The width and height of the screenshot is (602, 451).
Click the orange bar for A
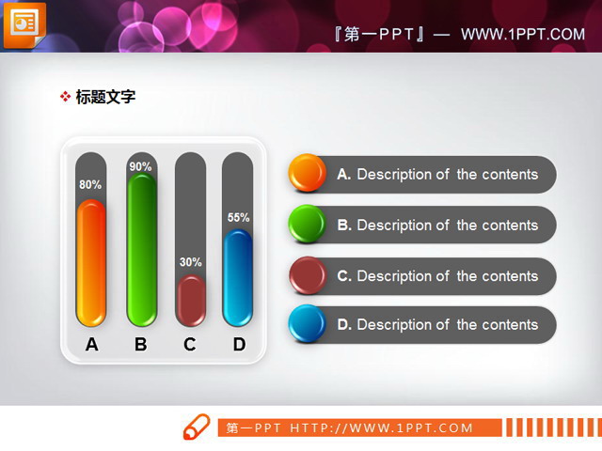[91, 262]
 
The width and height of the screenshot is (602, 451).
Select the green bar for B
[141, 250]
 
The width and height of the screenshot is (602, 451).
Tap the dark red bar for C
[191, 301]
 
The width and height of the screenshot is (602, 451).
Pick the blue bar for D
[238, 277]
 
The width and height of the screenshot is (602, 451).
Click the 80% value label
[90, 185]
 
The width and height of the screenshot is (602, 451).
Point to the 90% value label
[141, 167]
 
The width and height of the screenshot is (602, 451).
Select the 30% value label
[191, 262]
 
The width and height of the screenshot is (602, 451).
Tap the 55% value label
[239, 218]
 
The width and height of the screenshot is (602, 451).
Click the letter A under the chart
[91, 345]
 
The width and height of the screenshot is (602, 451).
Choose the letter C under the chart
[190, 345]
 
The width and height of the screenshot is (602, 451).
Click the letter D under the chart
[239, 345]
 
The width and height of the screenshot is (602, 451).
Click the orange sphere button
[307, 173]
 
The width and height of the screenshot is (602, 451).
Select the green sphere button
[307, 224]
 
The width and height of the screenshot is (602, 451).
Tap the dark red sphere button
[307, 274]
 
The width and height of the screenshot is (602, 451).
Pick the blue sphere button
[307, 324]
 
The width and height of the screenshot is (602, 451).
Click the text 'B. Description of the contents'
[437, 225]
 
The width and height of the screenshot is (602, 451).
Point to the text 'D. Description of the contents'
[437, 325]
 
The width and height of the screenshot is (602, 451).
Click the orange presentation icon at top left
[22, 23]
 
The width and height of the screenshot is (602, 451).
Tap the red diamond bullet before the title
[65, 96]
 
